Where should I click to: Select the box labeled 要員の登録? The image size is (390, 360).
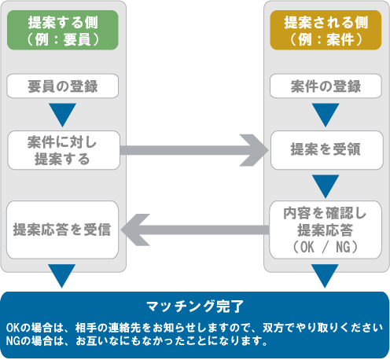(63, 85)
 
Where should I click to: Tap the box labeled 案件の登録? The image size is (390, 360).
(326, 85)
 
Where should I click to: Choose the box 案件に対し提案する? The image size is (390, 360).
(63, 149)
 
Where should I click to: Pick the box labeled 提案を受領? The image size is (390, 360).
(326, 149)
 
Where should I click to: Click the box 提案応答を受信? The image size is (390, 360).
(63, 230)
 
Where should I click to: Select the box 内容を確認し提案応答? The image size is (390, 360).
(326, 230)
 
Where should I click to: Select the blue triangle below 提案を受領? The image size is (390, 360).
(326, 186)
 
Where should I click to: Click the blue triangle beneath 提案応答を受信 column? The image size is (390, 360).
(63, 276)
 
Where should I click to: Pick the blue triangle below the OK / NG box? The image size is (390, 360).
(326, 276)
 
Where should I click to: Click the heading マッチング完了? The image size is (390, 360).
(195, 305)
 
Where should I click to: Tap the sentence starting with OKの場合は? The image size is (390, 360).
(194, 327)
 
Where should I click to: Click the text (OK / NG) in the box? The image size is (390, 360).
(326, 248)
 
